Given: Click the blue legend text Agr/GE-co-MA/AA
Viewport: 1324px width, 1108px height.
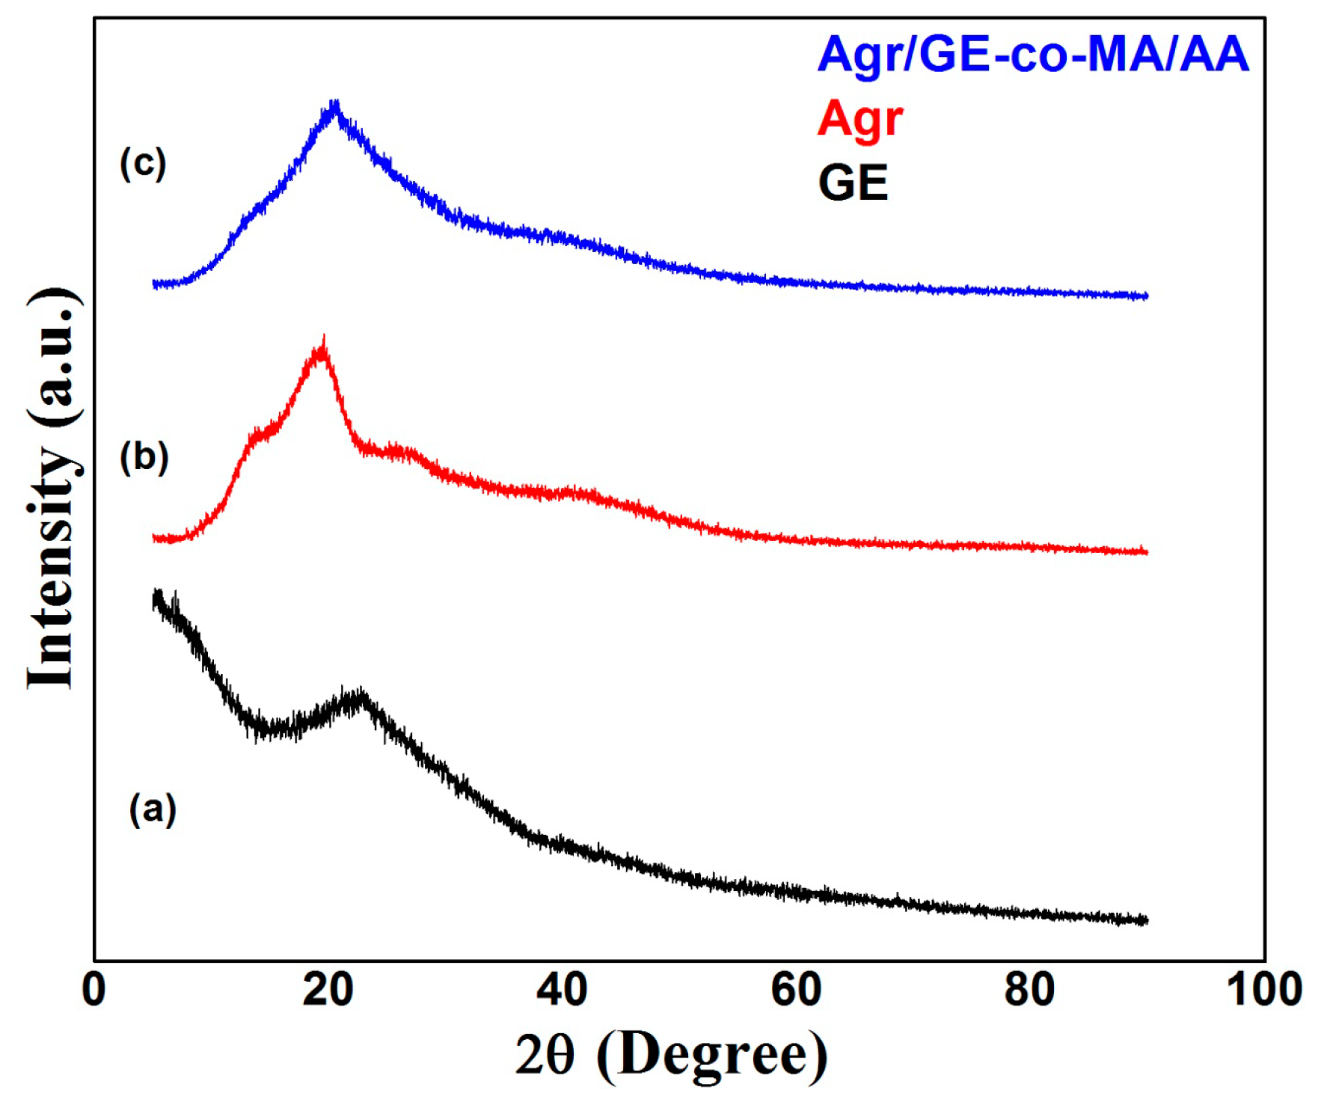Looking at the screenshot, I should [1032, 54].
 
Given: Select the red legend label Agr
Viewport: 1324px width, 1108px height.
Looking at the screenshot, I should [859, 118].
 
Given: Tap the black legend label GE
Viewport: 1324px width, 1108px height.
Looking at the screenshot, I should [853, 183].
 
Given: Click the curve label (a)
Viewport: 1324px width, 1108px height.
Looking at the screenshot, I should [153, 809].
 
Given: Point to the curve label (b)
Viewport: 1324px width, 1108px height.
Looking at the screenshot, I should [144, 456].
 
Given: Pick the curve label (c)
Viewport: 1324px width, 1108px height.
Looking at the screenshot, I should [143, 163].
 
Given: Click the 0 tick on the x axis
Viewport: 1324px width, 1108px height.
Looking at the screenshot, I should [94, 989].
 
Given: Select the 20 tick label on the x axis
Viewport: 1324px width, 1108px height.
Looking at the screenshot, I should [328, 989].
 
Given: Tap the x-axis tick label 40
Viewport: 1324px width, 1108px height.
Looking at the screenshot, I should [562, 989].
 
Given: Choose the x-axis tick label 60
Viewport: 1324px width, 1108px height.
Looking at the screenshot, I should [796, 989].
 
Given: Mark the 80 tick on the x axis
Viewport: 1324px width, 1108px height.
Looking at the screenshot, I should [1029, 989].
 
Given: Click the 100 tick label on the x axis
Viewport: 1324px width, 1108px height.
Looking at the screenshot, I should [1264, 989].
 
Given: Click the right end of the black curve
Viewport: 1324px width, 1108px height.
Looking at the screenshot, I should [1145, 920].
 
